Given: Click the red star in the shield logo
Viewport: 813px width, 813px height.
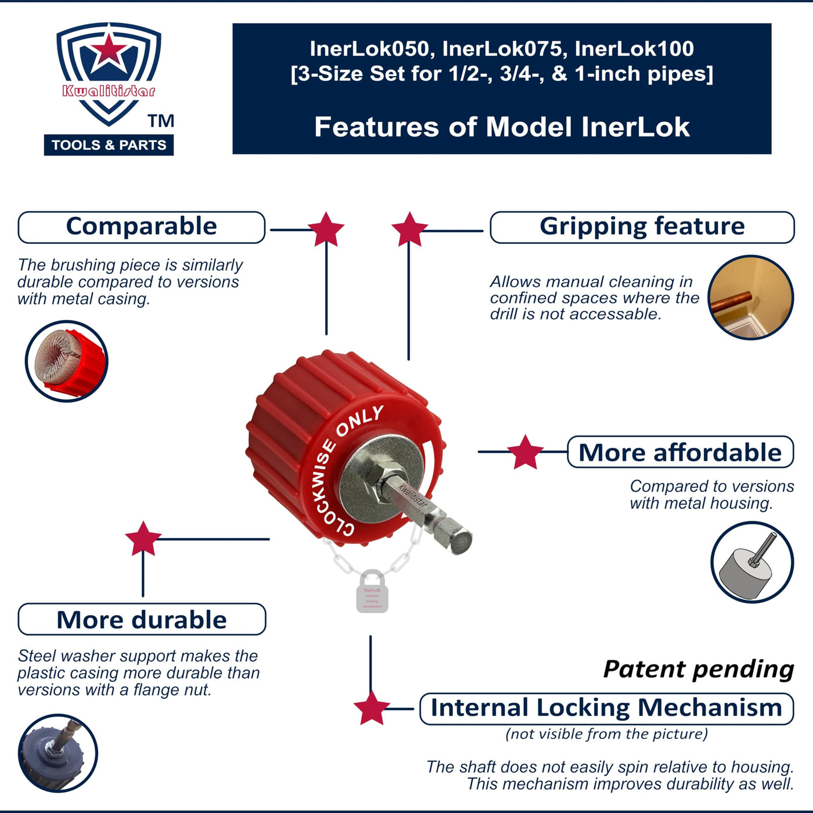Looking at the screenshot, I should coord(109,51).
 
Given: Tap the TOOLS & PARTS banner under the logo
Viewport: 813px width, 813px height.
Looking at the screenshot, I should coord(109,145).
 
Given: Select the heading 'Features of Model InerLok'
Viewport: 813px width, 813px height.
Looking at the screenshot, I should coord(502,127).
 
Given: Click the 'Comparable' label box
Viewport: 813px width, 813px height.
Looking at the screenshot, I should coord(141,227).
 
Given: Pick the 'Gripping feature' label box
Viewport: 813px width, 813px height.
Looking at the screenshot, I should coord(642,227).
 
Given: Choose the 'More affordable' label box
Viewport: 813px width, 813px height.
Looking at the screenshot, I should coord(680,452).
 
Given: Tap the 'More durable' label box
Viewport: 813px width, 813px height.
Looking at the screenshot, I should coord(142,620).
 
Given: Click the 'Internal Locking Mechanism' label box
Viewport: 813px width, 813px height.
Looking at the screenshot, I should coord(606,708).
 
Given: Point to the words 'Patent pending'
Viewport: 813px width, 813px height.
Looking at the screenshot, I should coord(699,669).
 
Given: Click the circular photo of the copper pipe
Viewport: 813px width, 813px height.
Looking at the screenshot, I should coord(751,297).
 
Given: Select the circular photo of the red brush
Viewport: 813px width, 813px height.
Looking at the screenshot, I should coord(67,361).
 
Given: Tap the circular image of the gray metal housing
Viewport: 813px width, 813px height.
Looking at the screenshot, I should coord(752,562).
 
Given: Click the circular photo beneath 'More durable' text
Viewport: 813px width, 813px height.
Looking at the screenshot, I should coord(57,753).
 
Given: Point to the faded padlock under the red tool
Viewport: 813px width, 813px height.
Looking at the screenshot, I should coord(372,592).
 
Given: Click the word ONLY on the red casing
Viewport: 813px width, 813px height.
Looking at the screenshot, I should coord(360,421).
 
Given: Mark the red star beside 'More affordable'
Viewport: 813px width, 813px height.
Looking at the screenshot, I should coord(525,452).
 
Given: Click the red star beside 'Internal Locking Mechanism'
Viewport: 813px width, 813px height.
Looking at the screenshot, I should coord(370,708).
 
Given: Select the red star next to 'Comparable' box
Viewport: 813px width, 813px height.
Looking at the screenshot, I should coord(326,229).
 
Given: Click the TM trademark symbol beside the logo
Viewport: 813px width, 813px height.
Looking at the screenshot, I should coord(161,121).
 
